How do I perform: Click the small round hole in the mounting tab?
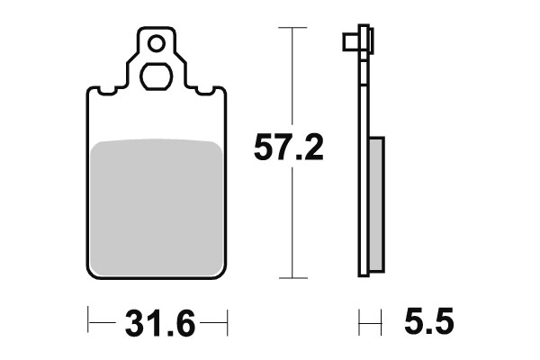[157, 41]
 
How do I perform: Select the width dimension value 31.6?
[157, 321]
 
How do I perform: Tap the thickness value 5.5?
[429, 321]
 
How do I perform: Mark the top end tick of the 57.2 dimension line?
[287, 29]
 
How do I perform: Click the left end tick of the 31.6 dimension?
[87, 320]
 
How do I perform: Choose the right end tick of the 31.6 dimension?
[229, 320]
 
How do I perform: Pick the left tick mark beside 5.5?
[360, 320]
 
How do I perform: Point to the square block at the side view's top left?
[348, 42]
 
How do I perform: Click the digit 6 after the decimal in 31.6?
[184, 321]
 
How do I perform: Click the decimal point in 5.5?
[429, 330]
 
